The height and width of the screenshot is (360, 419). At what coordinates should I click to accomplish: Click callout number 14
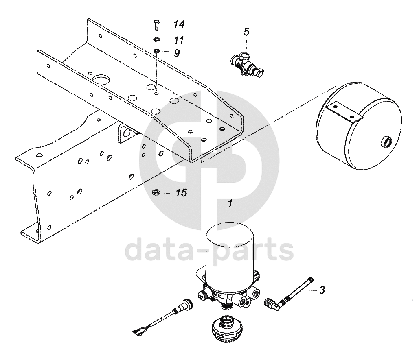[179, 24]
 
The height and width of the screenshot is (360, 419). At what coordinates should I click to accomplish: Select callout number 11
[179, 40]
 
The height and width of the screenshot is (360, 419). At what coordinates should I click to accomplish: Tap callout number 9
[177, 53]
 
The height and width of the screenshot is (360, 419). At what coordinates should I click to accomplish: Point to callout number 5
[246, 32]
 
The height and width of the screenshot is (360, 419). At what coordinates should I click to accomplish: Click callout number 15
[182, 193]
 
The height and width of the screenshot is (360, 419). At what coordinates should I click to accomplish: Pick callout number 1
[230, 204]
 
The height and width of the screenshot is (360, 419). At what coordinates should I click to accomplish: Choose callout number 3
[322, 290]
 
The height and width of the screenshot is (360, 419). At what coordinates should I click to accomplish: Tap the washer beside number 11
[156, 40]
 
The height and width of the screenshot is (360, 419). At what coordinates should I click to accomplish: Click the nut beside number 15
[155, 192]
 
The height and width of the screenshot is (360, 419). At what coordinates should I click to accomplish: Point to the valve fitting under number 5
[246, 64]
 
